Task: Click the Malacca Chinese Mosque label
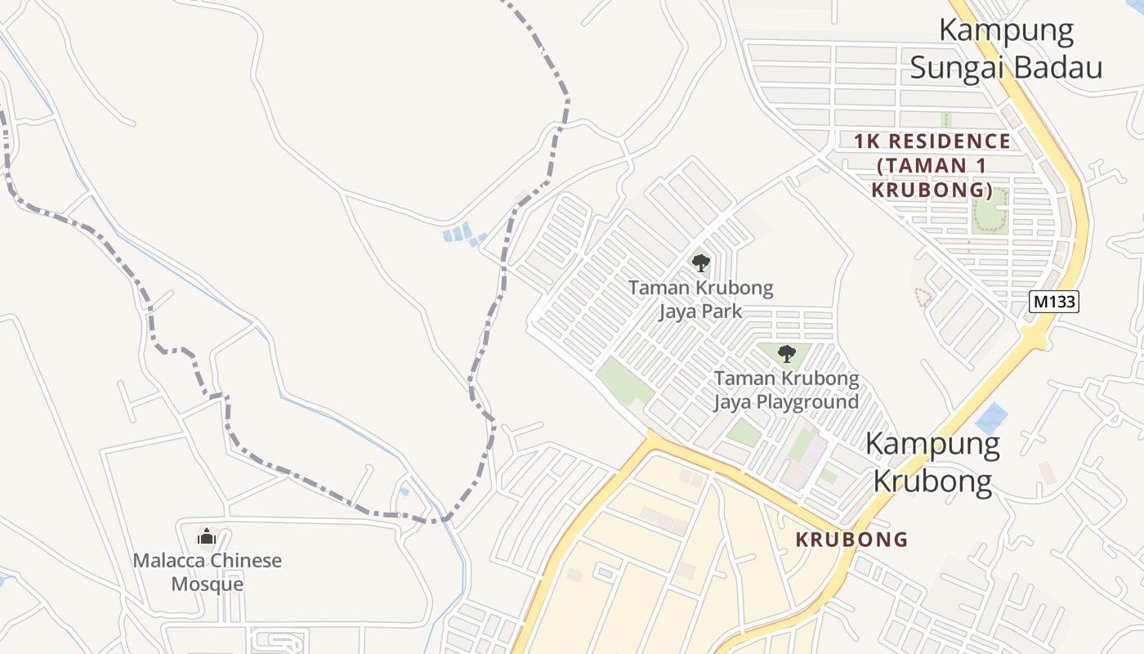tap(208, 572)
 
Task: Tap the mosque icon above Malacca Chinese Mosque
tap(207, 537)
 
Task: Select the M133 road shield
tap(1054, 302)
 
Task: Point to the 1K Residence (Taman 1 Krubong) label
tap(932, 166)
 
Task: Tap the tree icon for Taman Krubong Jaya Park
tap(700, 263)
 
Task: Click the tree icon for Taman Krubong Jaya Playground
tap(786, 354)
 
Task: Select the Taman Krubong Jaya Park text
tap(700, 299)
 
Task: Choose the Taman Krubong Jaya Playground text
tap(786, 390)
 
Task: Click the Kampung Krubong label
tap(932, 463)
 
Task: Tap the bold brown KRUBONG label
tap(851, 540)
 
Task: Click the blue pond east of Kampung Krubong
tap(991, 419)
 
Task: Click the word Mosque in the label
tap(208, 585)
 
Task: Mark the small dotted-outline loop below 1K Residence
tap(923, 297)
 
